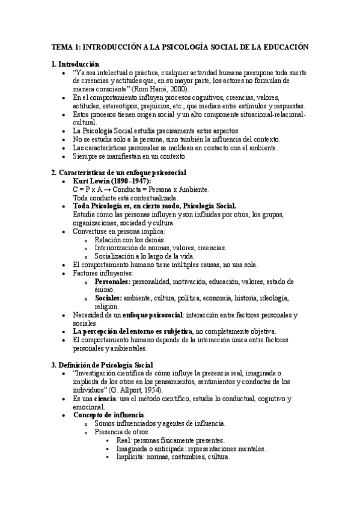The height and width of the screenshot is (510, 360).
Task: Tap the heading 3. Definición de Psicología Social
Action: point(102,364)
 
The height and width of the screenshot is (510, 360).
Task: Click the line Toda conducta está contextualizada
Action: point(124,198)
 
